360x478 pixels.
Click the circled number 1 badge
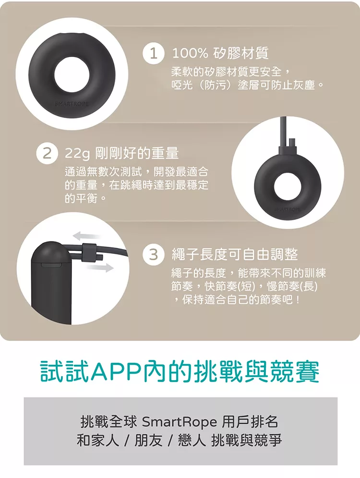(153, 53)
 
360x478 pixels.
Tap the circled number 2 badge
(47, 154)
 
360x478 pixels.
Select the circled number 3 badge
(153, 254)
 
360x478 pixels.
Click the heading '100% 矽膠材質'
(220, 53)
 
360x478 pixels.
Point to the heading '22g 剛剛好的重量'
(121, 153)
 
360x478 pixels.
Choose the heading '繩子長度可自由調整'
(235, 254)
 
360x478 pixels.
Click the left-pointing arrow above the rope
(86, 236)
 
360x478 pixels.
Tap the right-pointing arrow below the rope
(100, 268)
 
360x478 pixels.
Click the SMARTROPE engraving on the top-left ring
(72, 104)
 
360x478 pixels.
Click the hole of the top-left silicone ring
(72, 74)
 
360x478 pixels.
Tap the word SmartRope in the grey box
(180, 422)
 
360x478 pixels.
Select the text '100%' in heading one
(190, 54)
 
